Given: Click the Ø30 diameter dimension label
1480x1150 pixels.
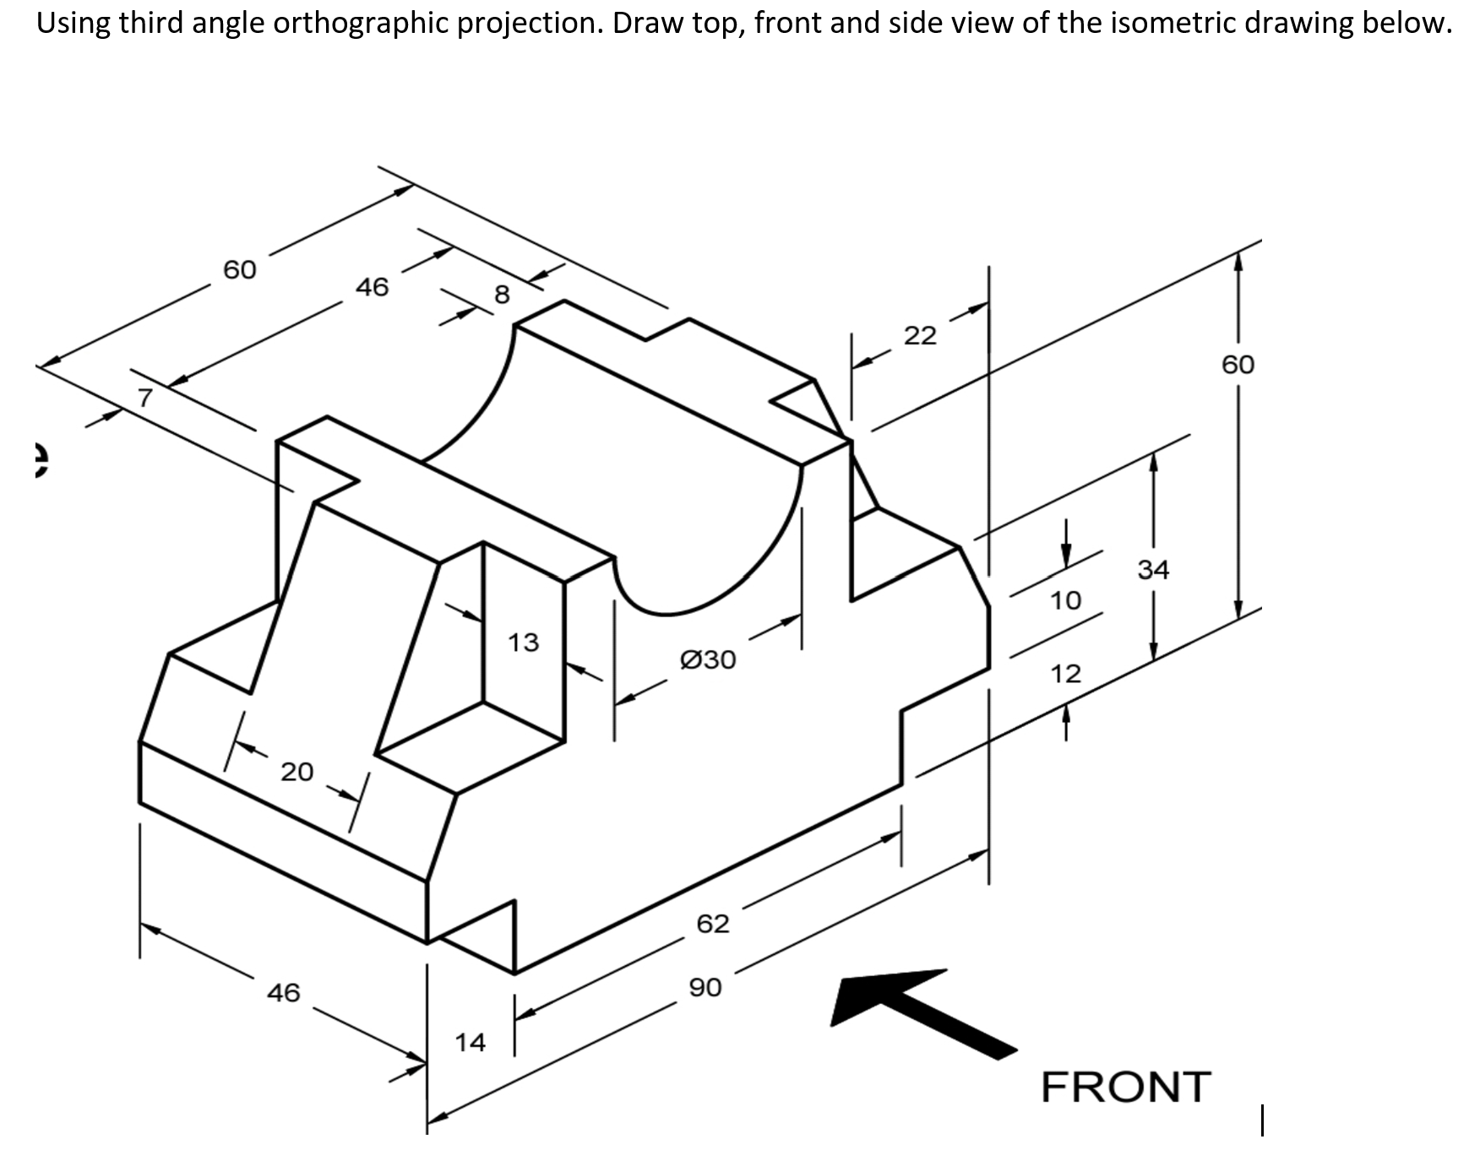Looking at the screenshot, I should (x=708, y=659).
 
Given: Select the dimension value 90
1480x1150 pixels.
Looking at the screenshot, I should (x=705, y=986).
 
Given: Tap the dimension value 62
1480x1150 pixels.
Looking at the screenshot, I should (x=712, y=923).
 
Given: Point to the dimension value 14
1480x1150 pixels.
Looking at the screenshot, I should (x=471, y=1042).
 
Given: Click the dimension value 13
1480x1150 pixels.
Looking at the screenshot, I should (x=523, y=643).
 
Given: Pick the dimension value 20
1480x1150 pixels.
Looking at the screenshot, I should (x=297, y=771).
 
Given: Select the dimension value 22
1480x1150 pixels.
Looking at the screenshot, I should (x=920, y=336).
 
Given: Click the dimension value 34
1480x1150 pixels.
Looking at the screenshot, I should (x=1153, y=570).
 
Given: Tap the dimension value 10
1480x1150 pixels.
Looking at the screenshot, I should (x=1065, y=600).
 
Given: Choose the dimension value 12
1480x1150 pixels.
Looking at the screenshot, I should (x=1065, y=674).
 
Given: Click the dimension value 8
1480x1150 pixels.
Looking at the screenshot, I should (x=502, y=295).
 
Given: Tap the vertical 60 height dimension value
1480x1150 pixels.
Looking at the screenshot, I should (x=1238, y=365).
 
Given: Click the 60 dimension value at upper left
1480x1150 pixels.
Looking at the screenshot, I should (x=239, y=269).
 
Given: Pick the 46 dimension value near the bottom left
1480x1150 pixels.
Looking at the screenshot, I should (x=283, y=991).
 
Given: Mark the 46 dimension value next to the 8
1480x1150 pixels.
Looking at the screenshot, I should (x=372, y=287).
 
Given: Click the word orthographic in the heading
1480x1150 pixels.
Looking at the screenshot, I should (x=362, y=23).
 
